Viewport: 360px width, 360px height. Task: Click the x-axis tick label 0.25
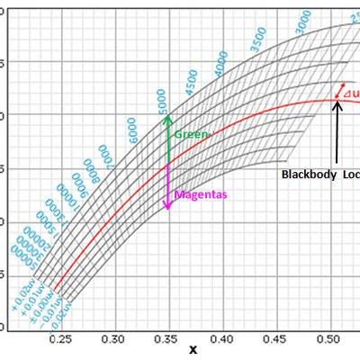coord(62,340)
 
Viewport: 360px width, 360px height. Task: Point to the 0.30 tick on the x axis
coord(114,340)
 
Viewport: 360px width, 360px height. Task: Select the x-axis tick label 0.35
coord(167,340)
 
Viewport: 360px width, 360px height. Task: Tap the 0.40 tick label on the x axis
coord(220,340)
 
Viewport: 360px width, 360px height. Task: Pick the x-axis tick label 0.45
coord(272,340)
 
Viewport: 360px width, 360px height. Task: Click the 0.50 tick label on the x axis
coord(325,340)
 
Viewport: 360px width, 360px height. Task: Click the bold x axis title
coord(192,351)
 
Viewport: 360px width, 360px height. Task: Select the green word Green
coord(191,134)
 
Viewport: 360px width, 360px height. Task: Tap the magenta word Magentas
coord(200,194)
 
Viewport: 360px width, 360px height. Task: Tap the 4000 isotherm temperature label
coord(221,64)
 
